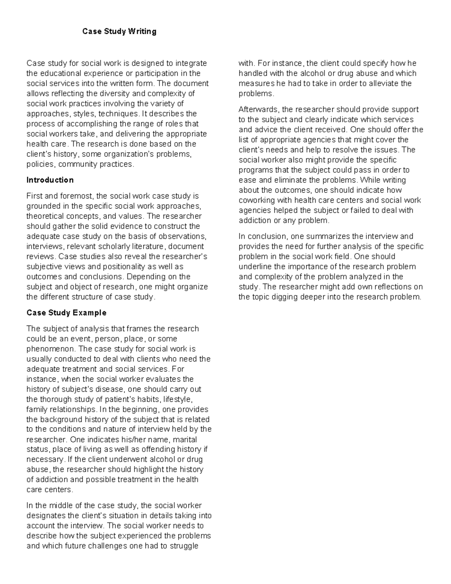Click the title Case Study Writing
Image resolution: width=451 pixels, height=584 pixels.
[x=119, y=32]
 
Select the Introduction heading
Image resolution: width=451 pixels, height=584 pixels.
[x=50, y=180]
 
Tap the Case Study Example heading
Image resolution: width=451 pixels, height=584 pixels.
[x=67, y=313]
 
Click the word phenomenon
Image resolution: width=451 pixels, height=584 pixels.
[x=50, y=349]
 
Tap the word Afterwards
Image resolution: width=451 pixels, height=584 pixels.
[x=259, y=109]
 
